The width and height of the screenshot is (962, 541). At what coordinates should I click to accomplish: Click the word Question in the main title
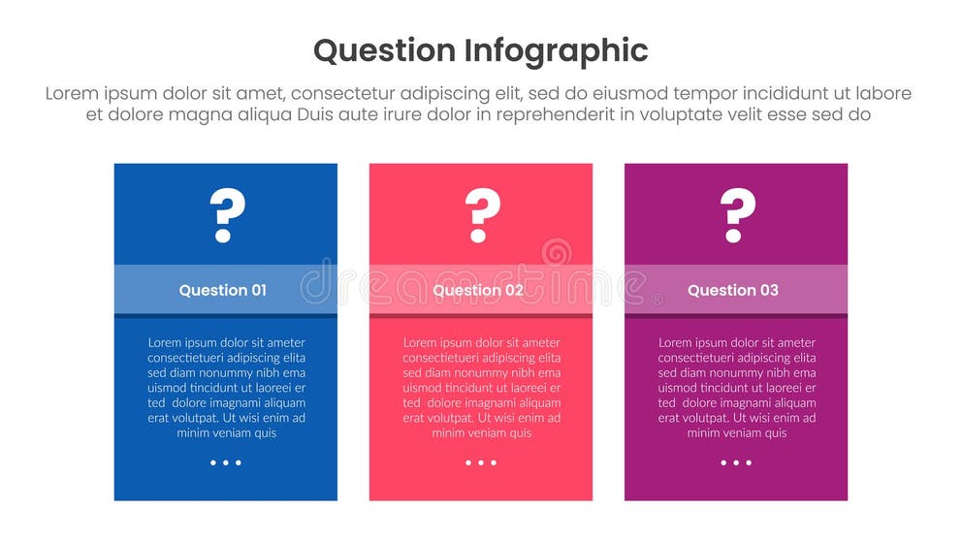coord(384,50)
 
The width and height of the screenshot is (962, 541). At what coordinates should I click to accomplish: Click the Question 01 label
coord(222,290)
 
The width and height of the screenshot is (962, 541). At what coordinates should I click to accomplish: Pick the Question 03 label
coord(732,290)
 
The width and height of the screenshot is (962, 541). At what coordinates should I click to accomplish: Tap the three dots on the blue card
coord(226,462)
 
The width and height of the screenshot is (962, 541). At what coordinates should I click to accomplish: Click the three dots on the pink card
coord(481,462)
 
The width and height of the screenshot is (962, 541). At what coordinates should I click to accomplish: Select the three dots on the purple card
coord(736,462)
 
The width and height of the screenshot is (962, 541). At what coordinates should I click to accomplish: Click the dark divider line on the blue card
coord(226,316)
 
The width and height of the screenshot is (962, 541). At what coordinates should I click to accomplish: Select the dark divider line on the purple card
coord(736,316)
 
